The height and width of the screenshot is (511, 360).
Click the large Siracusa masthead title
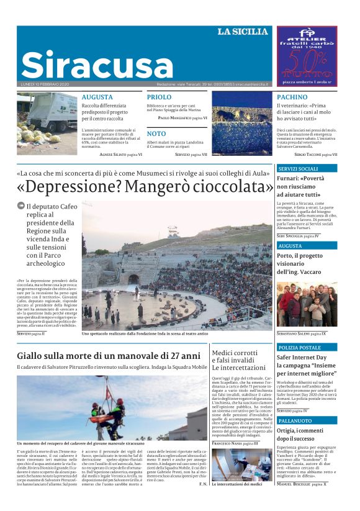click(x=96, y=64)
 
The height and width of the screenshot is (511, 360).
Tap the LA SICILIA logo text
click(x=243, y=32)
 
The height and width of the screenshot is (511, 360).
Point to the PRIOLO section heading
click(x=159, y=97)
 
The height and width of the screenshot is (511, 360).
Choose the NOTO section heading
click(x=156, y=133)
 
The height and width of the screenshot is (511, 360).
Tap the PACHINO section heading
click(x=292, y=97)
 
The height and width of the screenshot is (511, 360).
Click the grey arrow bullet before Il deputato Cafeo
click(x=21, y=207)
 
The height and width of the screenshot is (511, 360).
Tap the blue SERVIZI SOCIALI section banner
click(x=306, y=168)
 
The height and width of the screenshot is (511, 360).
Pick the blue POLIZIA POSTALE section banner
click(x=306, y=348)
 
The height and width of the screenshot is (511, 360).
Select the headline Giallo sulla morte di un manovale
click(x=109, y=356)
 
